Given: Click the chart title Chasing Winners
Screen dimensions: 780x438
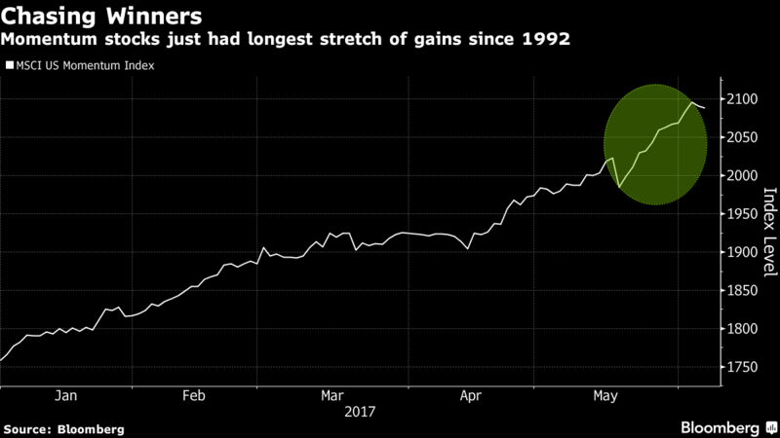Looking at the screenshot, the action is (101, 16).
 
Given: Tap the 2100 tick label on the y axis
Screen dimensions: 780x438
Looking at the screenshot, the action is (742, 99).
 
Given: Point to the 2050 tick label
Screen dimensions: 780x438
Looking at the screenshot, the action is (742, 137).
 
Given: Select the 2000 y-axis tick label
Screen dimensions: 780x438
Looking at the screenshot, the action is (742, 176).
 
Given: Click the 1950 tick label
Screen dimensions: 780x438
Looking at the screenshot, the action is (742, 214).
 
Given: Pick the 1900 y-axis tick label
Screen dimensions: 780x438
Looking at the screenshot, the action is (742, 252).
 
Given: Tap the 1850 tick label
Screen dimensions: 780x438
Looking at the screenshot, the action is (742, 290).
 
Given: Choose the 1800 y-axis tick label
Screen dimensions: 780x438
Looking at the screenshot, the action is (742, 329).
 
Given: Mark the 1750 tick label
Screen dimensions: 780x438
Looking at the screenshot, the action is (742, 367).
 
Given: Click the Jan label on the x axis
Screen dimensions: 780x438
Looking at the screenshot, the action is (65, 396).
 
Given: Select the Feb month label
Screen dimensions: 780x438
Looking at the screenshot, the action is (193, 396).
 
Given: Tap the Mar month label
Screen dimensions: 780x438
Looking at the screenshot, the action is (331, 396).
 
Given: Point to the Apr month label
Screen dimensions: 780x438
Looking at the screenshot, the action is (471, 396).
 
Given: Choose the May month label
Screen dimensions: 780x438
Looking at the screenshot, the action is (605, 396).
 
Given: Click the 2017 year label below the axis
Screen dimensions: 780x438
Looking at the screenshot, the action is (360, 412).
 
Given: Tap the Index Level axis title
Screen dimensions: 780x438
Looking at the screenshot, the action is (769, 232).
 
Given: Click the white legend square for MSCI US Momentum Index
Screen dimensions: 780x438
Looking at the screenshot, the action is (10, 65).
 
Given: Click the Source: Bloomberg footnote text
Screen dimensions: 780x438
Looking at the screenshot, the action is (63, 429).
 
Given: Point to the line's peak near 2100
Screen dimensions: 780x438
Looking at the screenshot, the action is (692, 102).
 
